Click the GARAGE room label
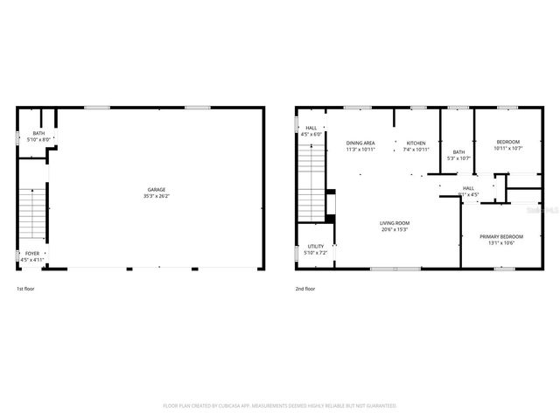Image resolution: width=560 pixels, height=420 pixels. (x=156, y=190)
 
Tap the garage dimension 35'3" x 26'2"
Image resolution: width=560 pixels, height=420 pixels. (x=156, y=196)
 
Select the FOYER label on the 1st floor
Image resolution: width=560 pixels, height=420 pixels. (x=31, y=253)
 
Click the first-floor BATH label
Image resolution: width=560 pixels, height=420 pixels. (x=38, y=133)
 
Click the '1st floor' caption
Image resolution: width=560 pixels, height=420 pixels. (x=26, y=288)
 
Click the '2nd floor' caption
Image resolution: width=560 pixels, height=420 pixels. (x=305, y=288)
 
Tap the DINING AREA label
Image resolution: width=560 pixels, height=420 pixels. (x=360, y=143)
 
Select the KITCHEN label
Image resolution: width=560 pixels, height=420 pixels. (x=416, y=143)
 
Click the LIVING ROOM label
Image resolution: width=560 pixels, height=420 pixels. (x=395, y=223)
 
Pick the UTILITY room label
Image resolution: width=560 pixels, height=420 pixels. (x=316, y=247)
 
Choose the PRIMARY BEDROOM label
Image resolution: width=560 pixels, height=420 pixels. (x=501, y=237)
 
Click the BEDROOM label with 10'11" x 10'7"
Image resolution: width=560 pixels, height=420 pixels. (x=507, y=143)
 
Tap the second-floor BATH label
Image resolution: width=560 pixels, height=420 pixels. (x=458, y=152)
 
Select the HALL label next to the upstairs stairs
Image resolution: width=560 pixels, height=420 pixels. (x=311, y=128)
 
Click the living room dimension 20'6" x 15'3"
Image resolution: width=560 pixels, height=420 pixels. (x=395, y=229)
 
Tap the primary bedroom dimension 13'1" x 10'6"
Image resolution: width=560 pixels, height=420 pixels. (x=501, y=243)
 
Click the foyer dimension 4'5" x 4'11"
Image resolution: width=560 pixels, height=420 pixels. (x=31, y=260)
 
